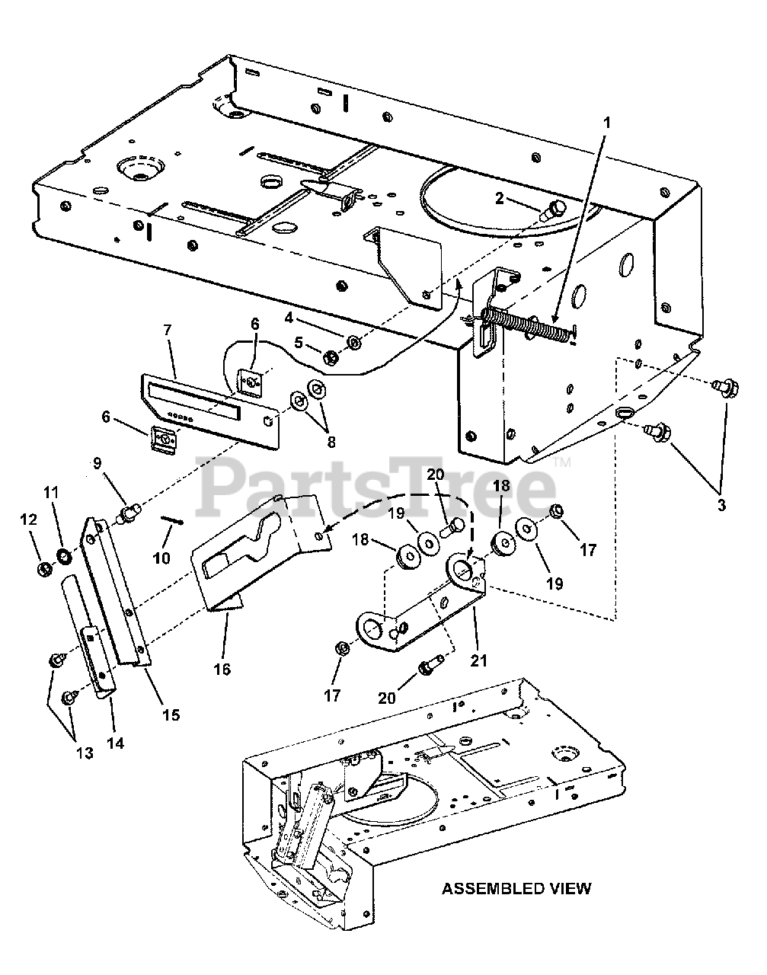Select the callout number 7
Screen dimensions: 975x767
click(x=168, y=330)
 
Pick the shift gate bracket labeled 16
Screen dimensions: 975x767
click(x=251, y=548)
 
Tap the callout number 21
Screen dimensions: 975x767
click(x=478, y=660)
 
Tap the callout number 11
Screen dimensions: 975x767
click(x=51, y=493)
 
